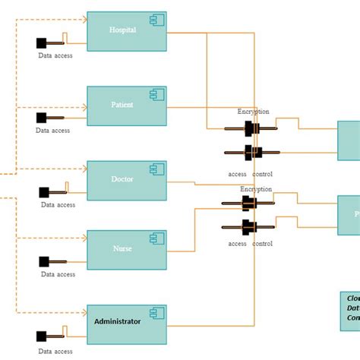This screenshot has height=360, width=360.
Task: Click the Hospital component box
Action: (126, 31)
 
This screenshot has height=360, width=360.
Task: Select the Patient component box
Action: (126, 105)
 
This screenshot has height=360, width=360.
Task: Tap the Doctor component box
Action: (126, 180)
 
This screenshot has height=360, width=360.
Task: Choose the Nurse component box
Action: (126, 250)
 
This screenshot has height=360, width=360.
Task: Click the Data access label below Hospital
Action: (55, 55)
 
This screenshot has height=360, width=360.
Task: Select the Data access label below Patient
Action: (53, 130)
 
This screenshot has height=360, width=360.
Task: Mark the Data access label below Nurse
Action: (58, 274)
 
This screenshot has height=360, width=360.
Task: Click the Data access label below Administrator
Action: (55, 351)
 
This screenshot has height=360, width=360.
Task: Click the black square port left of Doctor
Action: (44, 191)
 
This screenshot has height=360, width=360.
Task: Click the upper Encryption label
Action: (253, 112)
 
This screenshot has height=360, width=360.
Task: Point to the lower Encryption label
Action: (256, 189)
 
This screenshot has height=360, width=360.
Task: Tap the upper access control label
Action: (251, 174)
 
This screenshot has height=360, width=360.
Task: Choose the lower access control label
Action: (251, 244)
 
